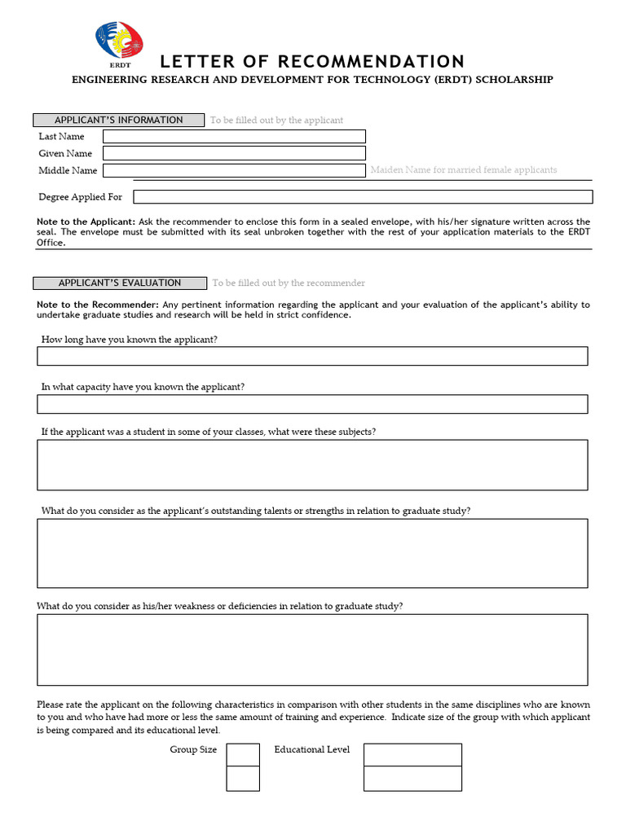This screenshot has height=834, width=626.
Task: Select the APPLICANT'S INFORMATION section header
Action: point(119,120)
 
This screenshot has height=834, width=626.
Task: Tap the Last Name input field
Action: point(234,136)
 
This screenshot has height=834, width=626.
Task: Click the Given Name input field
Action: point(234,153)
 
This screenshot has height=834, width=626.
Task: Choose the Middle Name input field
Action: point(234,170)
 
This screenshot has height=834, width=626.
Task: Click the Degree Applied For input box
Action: point(363,197)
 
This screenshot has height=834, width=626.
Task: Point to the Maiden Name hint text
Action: point(464,170)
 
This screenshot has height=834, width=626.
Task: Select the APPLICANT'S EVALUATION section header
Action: point(119,283)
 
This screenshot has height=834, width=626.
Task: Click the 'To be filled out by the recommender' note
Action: point(289,283)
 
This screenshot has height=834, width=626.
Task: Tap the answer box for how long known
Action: point(312,356)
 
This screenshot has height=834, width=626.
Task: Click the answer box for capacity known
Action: point(312,404)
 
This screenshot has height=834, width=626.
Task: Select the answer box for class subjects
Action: point(312,465)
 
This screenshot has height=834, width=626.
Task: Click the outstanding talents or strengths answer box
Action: point(312,553)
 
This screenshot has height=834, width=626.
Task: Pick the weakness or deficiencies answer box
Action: point(312,649)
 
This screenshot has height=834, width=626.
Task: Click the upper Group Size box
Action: point(243,755)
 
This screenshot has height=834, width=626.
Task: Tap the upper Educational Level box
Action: point(412,755)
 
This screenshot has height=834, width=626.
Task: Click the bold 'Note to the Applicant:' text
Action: point(86,222)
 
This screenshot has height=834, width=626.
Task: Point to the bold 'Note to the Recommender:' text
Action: point(98,305)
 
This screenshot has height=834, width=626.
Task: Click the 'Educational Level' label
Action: point(312,749)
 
